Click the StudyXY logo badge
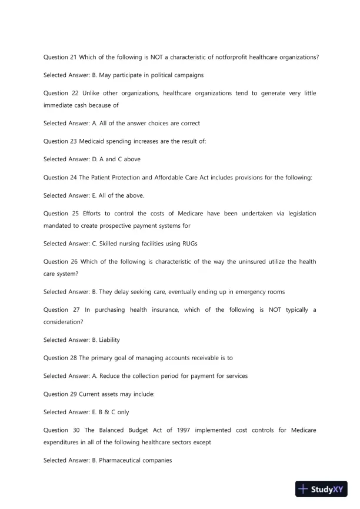pyautogui.click(x=321, y=489)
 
